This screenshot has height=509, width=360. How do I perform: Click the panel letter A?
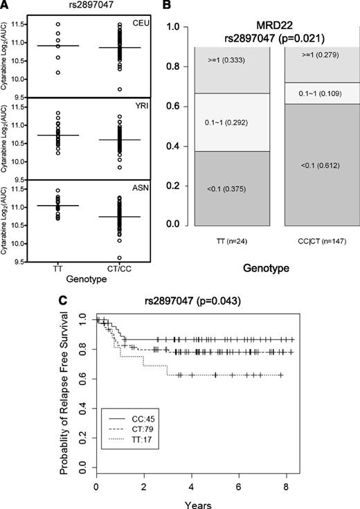tap(6, 6)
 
